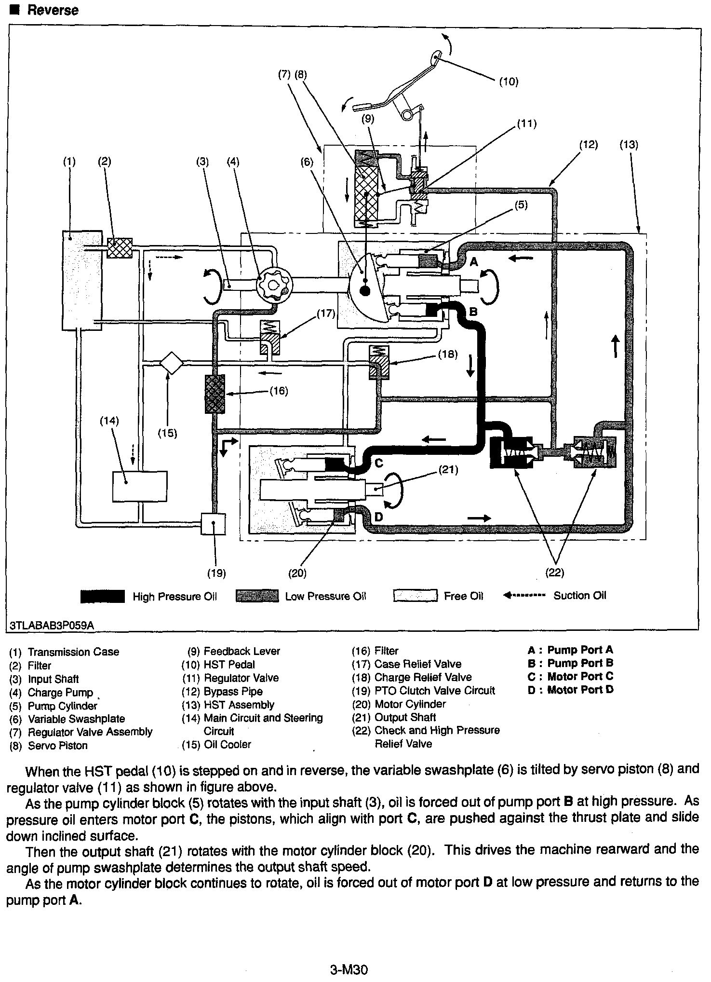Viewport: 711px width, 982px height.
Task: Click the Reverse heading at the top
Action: click(52, 10)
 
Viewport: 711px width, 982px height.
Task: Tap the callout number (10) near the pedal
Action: click(508, 82)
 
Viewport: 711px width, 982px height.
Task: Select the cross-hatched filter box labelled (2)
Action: click(120, 248)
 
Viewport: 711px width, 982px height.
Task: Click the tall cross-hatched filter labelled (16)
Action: click(215, 394)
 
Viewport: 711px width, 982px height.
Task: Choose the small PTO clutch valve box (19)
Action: click(213, 524)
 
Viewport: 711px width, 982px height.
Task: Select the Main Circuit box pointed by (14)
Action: click(140, 486)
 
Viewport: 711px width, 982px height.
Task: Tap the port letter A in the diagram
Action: click(474, 262)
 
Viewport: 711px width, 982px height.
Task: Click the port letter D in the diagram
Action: click(378, 517)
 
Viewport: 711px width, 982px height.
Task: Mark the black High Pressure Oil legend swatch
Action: click(102, 597)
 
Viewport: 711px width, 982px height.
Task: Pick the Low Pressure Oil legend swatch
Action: click(257, 597)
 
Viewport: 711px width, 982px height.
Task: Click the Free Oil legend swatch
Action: click(415, 596)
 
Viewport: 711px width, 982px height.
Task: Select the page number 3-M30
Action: click(349, 969)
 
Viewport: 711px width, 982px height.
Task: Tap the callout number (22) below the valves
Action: click(554, 573)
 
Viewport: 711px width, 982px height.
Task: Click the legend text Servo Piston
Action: click(58, 746)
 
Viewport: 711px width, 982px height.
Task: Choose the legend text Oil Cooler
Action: click(227, 744)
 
